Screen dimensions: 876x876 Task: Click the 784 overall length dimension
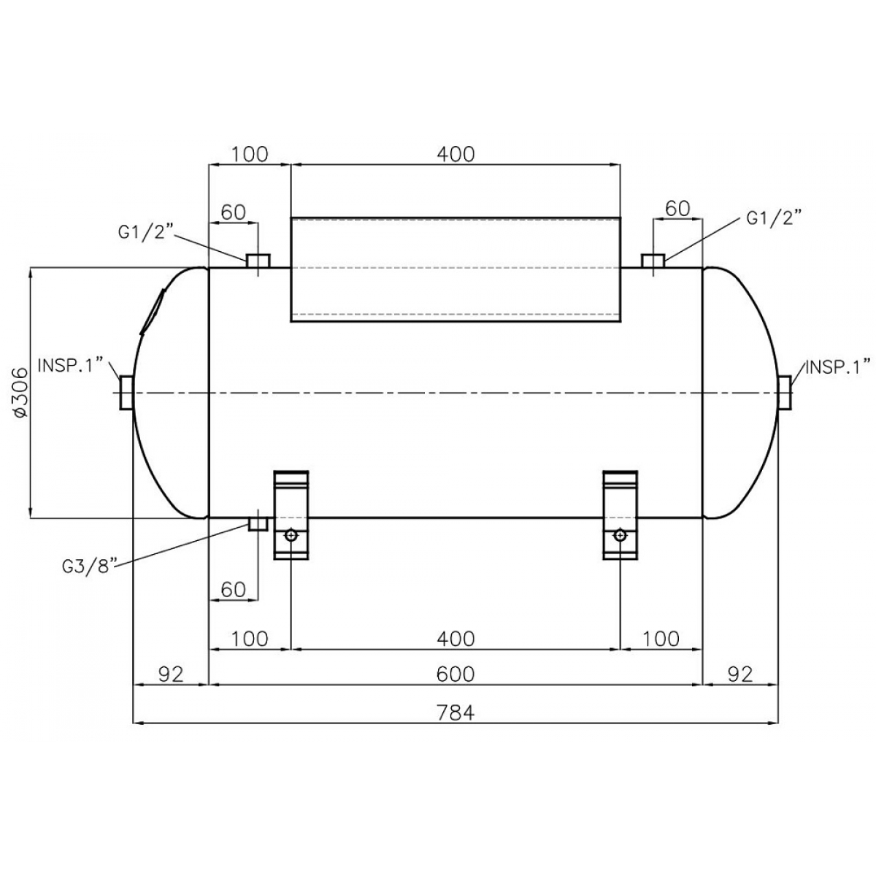tap(456, 712)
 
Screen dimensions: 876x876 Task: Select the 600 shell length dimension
tap(456, 675)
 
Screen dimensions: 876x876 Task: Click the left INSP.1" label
tap(71, 365)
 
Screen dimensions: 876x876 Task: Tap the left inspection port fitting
tap(126, 393)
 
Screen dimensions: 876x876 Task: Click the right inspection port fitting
tap(785, 393)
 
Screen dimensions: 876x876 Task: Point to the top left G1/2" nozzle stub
tap(258, 261)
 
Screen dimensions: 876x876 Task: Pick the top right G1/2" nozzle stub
tap(653, 261)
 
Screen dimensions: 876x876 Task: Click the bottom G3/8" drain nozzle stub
tap(258, 524)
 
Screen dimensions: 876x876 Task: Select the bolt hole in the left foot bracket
tap(291, 535)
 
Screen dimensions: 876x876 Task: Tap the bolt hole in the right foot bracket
tap(620, 535)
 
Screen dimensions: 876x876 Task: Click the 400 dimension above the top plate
tap(456, 154)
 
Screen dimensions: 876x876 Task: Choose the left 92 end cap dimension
tap(171, 675)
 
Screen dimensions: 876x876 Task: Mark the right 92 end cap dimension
tap(740, 675)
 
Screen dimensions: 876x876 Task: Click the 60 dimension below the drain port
tap(233, 590)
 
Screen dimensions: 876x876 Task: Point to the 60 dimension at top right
tap(677, 209)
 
